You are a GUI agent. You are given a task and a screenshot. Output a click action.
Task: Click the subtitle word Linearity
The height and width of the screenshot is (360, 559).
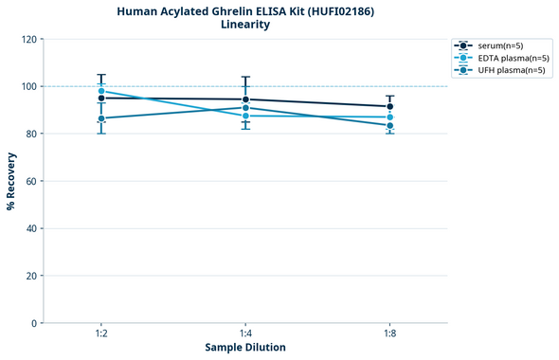tap(244, 25)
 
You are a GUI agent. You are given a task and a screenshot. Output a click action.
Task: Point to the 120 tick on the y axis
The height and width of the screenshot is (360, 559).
tap(31, 40)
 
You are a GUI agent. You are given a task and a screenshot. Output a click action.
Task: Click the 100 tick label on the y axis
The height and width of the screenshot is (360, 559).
tap(31, 87)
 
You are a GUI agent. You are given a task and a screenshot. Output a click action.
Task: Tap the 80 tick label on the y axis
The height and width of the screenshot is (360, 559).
tap(33, 135)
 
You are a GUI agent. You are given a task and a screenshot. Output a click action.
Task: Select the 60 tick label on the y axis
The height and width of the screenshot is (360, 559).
tap(33, 182)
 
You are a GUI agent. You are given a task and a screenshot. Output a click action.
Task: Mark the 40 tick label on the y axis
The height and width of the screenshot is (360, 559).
tap(33, 229)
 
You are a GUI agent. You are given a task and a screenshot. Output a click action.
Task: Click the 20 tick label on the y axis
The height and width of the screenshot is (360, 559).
tap(33, 277)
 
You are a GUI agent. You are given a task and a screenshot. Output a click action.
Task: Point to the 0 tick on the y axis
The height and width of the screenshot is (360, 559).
tap(36, 324)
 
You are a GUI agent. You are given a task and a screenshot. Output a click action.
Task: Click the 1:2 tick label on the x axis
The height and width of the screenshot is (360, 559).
tap(101, 334)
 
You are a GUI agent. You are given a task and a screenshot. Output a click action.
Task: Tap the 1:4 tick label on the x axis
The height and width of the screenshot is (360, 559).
tap(245, 334)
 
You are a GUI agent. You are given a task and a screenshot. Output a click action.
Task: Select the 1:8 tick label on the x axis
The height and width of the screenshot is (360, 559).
tap(390, 334)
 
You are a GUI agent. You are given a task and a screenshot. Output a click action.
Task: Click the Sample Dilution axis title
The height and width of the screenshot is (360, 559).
tap(245, 348)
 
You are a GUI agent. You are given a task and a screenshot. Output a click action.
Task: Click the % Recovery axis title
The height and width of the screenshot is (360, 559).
tap(11, 181)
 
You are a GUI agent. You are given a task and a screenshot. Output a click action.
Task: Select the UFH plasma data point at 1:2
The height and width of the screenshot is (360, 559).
tap(101, 118)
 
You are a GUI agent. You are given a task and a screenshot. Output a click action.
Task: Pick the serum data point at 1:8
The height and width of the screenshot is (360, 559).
tap(390, 107)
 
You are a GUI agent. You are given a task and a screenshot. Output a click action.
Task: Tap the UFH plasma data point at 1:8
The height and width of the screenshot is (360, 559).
tap(390, 126)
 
